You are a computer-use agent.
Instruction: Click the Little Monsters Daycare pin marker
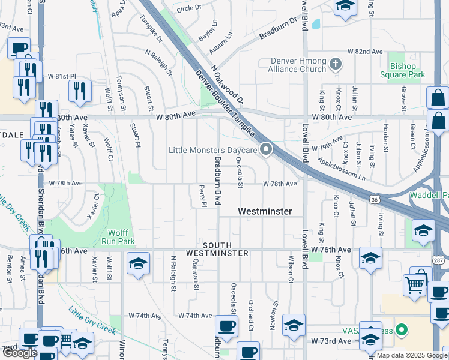tap(266, 149)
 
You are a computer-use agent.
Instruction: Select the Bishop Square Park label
tap(402, 70)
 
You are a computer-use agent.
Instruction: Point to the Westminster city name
tap(265, 211)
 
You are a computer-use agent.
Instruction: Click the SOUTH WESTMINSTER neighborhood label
tap(217, 250)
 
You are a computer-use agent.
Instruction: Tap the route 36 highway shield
tap(374, 199)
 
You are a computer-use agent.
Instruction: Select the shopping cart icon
tap(415, 285)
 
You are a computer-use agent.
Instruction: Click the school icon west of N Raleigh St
tap(138, 263)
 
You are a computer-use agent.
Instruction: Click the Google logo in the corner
tap(20, 353)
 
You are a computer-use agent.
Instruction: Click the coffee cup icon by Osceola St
tap(226, 326)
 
